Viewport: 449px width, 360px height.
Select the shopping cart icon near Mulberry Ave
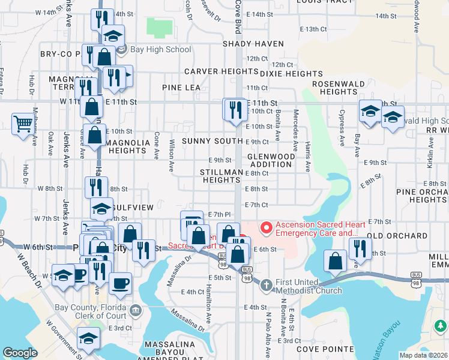(23, 124)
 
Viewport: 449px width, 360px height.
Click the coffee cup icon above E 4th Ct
(120, 283)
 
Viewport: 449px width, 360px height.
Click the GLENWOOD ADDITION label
(272, 160)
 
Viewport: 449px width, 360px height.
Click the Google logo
(20, 353)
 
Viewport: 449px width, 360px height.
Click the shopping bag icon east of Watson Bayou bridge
(335, 260)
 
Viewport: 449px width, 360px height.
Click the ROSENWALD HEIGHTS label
(339, 88)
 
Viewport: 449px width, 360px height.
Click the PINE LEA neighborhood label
(181, 88)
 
